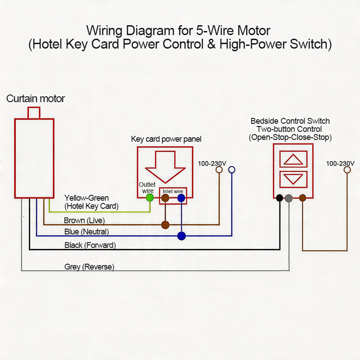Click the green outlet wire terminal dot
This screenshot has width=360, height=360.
click(x=150, y=198)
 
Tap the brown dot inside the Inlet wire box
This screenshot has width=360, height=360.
click(x=165, y=198)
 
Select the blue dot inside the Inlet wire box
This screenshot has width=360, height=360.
click(x=181, y=198)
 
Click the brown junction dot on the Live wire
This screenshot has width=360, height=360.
click(x=165, y=225)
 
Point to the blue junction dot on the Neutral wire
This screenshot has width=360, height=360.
click(x=182, y=236)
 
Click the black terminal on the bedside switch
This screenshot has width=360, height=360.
click(x=279, y=198)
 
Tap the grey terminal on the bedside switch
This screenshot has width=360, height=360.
click(x=289, y=198)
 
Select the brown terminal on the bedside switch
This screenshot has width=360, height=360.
click(x=302, y=198)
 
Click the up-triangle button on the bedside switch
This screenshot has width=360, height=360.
click(x=293, y=159)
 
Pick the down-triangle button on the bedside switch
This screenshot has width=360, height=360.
click(x=293, y=179)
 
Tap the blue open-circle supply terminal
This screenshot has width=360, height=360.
click(x=232, y=170)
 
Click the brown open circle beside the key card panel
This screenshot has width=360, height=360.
click(x=219, y=170)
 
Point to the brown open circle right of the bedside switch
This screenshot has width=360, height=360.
click(x=347, y=170)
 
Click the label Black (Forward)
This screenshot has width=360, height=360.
click(x=90, y=245)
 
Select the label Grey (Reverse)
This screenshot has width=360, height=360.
click(x=89, y=267)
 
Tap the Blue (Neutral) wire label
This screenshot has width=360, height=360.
click(x=86, y=232)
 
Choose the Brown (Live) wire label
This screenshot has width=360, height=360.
click(x=84, y=220)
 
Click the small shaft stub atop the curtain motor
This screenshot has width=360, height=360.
click(x=34, y=113)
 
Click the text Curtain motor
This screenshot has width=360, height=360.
click(x=36, y=99)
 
